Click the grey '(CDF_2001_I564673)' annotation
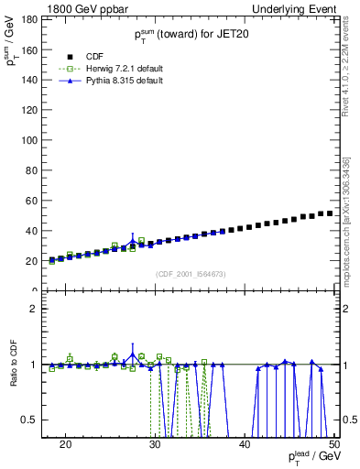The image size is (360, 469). [x=190, y=274]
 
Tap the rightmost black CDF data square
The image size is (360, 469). [x=330, y=213]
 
